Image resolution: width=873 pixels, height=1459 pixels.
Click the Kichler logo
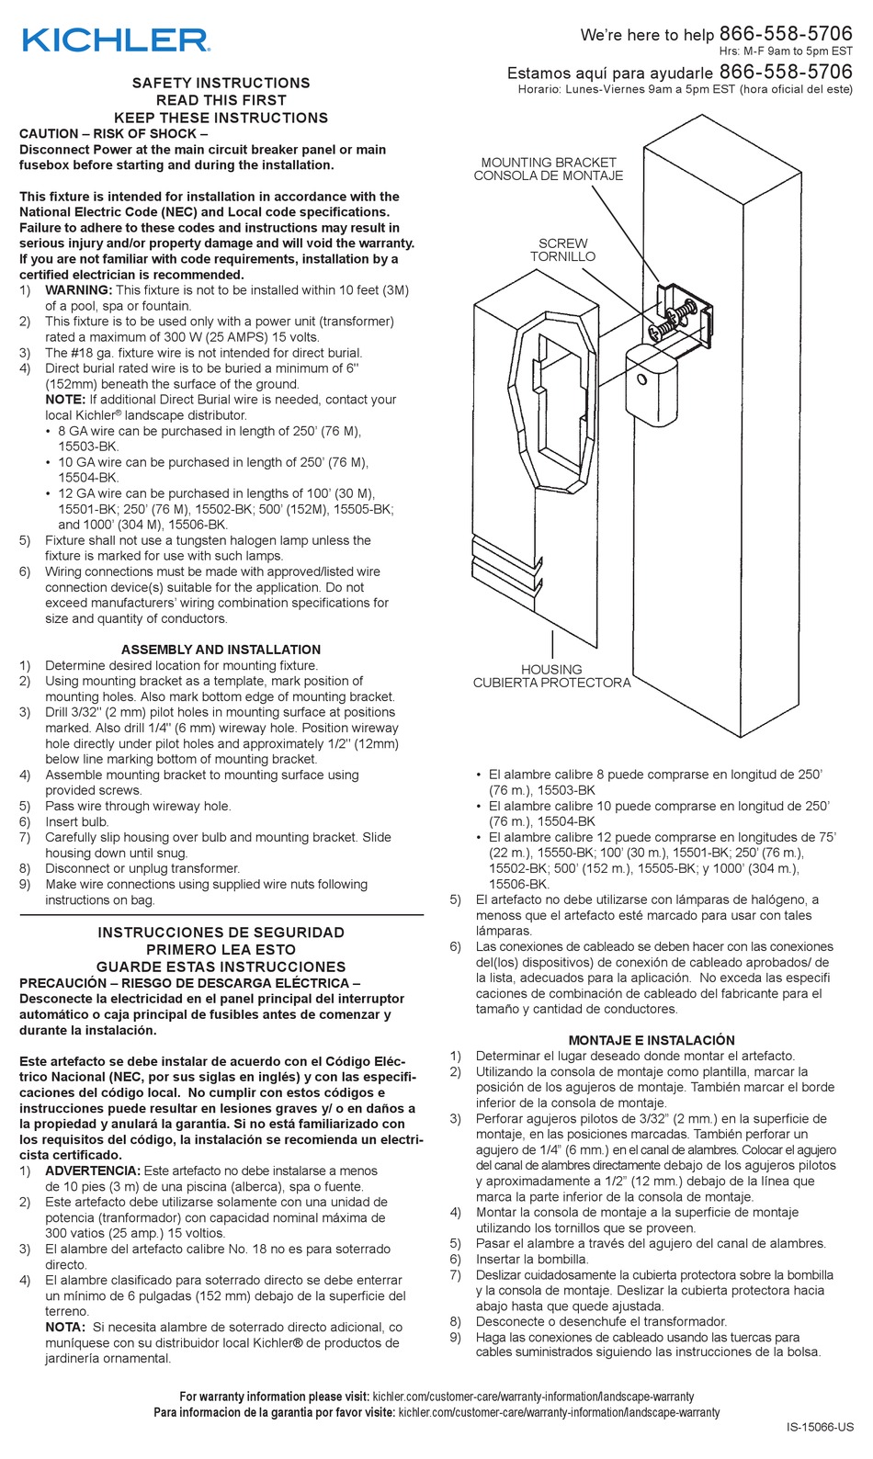116,40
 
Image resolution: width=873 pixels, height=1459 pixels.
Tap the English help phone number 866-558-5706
785,33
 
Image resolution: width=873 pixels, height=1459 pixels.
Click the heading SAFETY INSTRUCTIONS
221,83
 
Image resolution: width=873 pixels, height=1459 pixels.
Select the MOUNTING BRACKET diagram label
549,162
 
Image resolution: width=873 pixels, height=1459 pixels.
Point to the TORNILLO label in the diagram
562,257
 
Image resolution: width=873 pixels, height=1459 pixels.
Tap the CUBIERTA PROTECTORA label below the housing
551,684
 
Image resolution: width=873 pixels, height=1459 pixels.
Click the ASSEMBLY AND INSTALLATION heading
221,650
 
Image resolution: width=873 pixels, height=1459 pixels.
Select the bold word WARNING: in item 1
78,290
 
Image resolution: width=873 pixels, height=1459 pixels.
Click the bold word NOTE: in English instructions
65,400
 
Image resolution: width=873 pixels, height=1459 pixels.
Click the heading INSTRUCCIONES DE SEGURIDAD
221,933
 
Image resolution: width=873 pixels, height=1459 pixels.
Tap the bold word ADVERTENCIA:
92,1171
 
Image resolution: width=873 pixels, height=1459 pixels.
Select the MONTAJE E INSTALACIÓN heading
651,1040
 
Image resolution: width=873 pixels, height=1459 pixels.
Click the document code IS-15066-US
820,1427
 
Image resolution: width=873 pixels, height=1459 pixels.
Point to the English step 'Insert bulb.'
76,822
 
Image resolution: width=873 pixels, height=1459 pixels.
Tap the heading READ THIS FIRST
221,100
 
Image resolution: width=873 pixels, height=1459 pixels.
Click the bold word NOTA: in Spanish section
65,1328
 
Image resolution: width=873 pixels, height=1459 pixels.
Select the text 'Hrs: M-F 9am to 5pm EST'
785,51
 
